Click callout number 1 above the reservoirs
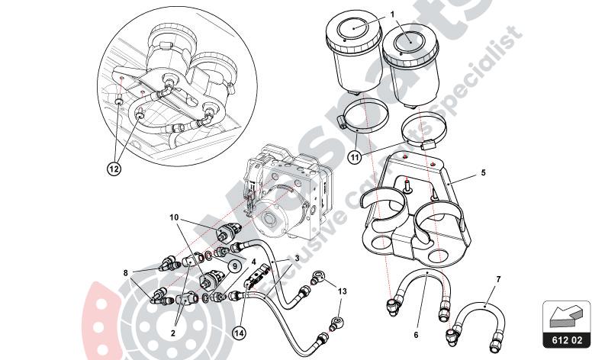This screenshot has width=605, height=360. pyautogui.click(x=392, y=13)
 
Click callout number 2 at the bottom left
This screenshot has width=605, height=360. pyautogui.click(x=174, y=332)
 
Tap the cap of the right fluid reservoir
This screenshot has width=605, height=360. pyautogui.click(x=408, y=40)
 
